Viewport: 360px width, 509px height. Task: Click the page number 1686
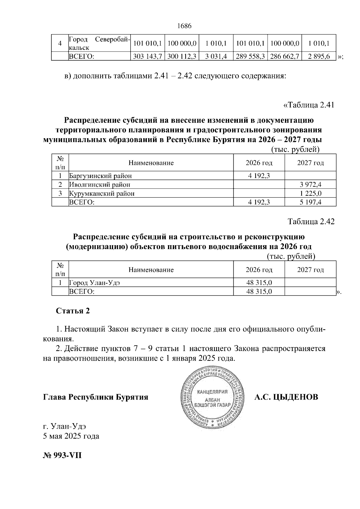pyautogui.click(x=184, y=26)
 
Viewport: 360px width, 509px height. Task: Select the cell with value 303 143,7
pyautogui.click(x=148, y=56)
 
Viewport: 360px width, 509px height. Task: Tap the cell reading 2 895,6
pyautogui.click(x=319, y=56)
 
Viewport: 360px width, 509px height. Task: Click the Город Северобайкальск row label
pyautogui.click(x=99, y=43)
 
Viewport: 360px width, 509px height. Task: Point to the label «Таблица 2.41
pyautogui.click(x=309, y=105)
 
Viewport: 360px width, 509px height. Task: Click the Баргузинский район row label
pyautogui.click(x=100, y=176)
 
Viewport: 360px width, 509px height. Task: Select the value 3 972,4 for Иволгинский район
pyautogui.click(x=310, y=184)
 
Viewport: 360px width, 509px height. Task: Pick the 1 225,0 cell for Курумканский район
pyautogui.click(x=310, y=193)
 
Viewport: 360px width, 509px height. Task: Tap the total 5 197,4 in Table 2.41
pyautogui.click(x=310, y=202)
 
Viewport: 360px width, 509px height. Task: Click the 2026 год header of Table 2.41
pyautogui.click(x=259, y=163)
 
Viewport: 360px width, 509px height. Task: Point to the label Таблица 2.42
pyautogui.click(x=311, y=222)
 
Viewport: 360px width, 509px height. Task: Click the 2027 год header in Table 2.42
pyautogui.click(x=310, y=270)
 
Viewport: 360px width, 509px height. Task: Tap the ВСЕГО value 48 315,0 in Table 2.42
pyautogui.click(x=259, y=291)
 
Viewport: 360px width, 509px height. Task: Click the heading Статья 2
pyautogui.click(x=73, y=311)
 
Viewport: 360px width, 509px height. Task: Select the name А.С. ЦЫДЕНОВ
pyautogui.click(x=286, y=397)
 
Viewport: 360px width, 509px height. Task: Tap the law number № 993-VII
pyautogui.click(x=62, y=456)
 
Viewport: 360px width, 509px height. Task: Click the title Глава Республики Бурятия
pyautogui.click(x=96, y=397)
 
